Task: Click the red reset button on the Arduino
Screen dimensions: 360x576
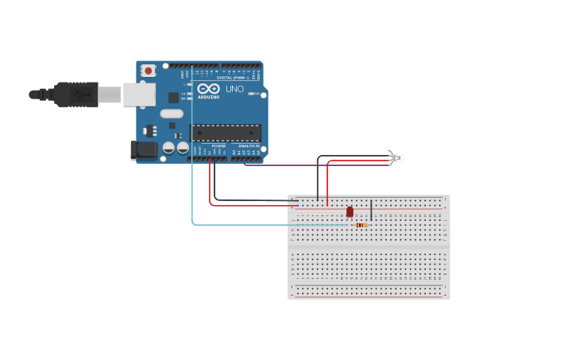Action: point(148,71)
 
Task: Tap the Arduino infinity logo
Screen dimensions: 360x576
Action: point(209,89)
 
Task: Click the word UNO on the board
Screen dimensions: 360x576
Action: point(235,89)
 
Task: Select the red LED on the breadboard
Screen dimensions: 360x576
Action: point(350,211)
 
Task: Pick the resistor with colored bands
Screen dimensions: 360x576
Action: point(361,225)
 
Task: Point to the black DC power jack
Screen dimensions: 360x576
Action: point(143,149)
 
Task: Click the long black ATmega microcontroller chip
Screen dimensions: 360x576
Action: point(226,133)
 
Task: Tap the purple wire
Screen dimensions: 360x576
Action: point(318,165)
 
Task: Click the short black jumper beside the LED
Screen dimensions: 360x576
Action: point(371,210)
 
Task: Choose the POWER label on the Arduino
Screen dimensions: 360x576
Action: point(218,146)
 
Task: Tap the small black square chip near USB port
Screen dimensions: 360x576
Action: point(173,97)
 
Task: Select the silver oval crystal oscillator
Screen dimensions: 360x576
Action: point(172,114)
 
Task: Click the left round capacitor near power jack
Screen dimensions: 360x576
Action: point(168,148)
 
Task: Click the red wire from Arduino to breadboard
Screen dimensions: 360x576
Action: point(211,191)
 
